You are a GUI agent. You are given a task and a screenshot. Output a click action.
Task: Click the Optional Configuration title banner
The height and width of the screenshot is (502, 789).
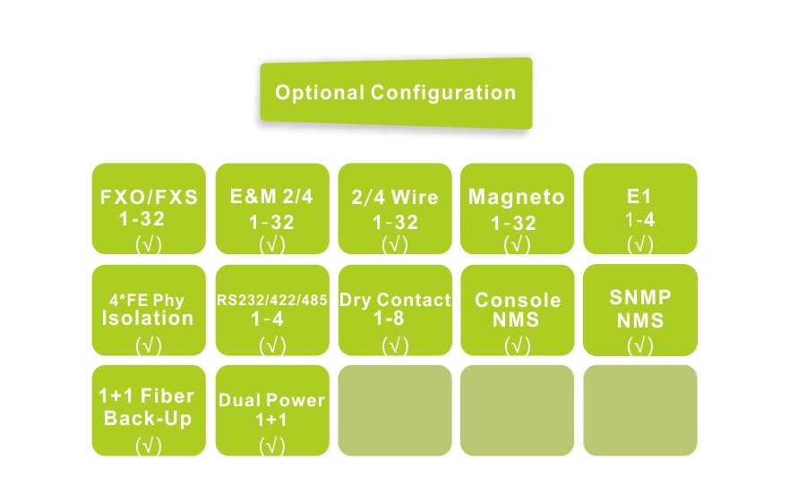click(x=395, y=92)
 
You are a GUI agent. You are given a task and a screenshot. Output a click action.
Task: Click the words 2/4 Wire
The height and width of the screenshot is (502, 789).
click(x=395, y=198)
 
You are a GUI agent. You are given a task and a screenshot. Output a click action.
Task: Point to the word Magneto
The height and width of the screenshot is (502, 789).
click(x=517, y=198)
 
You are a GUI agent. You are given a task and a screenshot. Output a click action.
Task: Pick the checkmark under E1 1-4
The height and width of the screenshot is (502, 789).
click(x=640, y=243)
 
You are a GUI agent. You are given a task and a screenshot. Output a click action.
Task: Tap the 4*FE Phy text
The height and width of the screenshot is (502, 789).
click(x=149, y=300)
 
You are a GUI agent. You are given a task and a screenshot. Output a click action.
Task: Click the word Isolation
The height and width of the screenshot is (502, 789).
click(x=148, y=318)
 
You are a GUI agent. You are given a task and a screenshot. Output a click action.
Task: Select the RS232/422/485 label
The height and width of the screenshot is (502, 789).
click(x=272, y=300)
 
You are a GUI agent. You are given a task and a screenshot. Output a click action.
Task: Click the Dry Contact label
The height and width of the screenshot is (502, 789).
click(x=395, y=300)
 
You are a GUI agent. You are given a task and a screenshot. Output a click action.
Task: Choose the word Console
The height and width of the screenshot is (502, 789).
click(x=518, y=300)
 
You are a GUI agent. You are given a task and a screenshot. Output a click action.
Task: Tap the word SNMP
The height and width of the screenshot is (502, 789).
click(x=640, y=297)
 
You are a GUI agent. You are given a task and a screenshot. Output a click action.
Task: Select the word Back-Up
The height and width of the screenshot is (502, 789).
click(x=148, y=418)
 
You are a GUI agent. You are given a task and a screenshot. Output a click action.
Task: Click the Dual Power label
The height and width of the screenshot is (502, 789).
click(x=271, y=401)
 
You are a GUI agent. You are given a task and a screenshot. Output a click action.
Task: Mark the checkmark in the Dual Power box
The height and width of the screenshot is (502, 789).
click(x=271, y=445)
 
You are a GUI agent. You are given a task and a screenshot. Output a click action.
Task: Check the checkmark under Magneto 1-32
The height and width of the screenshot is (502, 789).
click(x=517, y=243)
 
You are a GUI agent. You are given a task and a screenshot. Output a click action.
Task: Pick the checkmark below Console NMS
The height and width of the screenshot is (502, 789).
click(x=517, y=345)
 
